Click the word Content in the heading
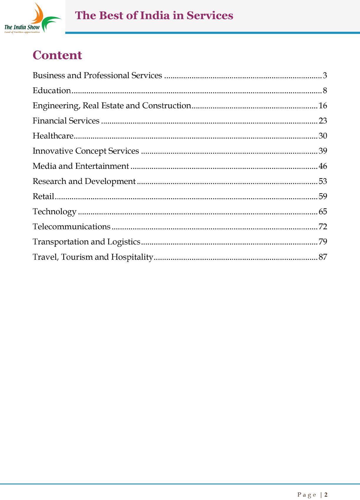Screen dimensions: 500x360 [57, 55]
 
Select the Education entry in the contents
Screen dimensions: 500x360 [52, 90]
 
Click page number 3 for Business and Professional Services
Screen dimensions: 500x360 [325, 76]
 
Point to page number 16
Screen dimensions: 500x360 [323, 106]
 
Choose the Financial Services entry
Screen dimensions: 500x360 [66, 121]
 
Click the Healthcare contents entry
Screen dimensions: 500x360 [53, 136]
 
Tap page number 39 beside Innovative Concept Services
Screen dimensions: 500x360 [323, 151]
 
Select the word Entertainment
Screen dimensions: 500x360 [102, 166]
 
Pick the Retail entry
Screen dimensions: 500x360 [43, 196]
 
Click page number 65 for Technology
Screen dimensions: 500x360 [323, 212]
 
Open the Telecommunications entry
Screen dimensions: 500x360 [71, 227]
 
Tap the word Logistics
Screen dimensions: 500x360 [124, 242]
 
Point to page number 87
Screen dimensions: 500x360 [323, 257]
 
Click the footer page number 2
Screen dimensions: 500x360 [326, 495]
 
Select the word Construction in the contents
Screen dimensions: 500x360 [166, 106]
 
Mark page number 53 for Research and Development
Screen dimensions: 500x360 [323, 181]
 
